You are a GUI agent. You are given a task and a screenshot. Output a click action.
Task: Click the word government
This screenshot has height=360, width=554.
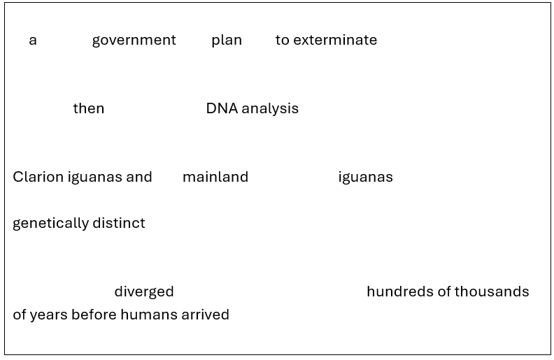(134, 41)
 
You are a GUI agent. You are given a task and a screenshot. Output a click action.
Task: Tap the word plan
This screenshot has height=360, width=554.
(227, 41)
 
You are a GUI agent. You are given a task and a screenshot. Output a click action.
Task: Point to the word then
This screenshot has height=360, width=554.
(89, 108)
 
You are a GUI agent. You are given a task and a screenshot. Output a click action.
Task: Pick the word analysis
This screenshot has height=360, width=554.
(270, 108)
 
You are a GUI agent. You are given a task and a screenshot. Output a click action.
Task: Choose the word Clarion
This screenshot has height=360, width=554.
(38, 177)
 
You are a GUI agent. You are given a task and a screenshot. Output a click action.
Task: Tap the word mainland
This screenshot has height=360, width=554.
(215, 177)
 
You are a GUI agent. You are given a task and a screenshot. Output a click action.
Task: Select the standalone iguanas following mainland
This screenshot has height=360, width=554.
(365, 177)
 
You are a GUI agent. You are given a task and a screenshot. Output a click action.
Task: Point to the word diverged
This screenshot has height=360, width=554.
(144, 291)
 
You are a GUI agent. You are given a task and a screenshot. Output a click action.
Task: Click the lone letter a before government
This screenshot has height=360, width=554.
(33, 41)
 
